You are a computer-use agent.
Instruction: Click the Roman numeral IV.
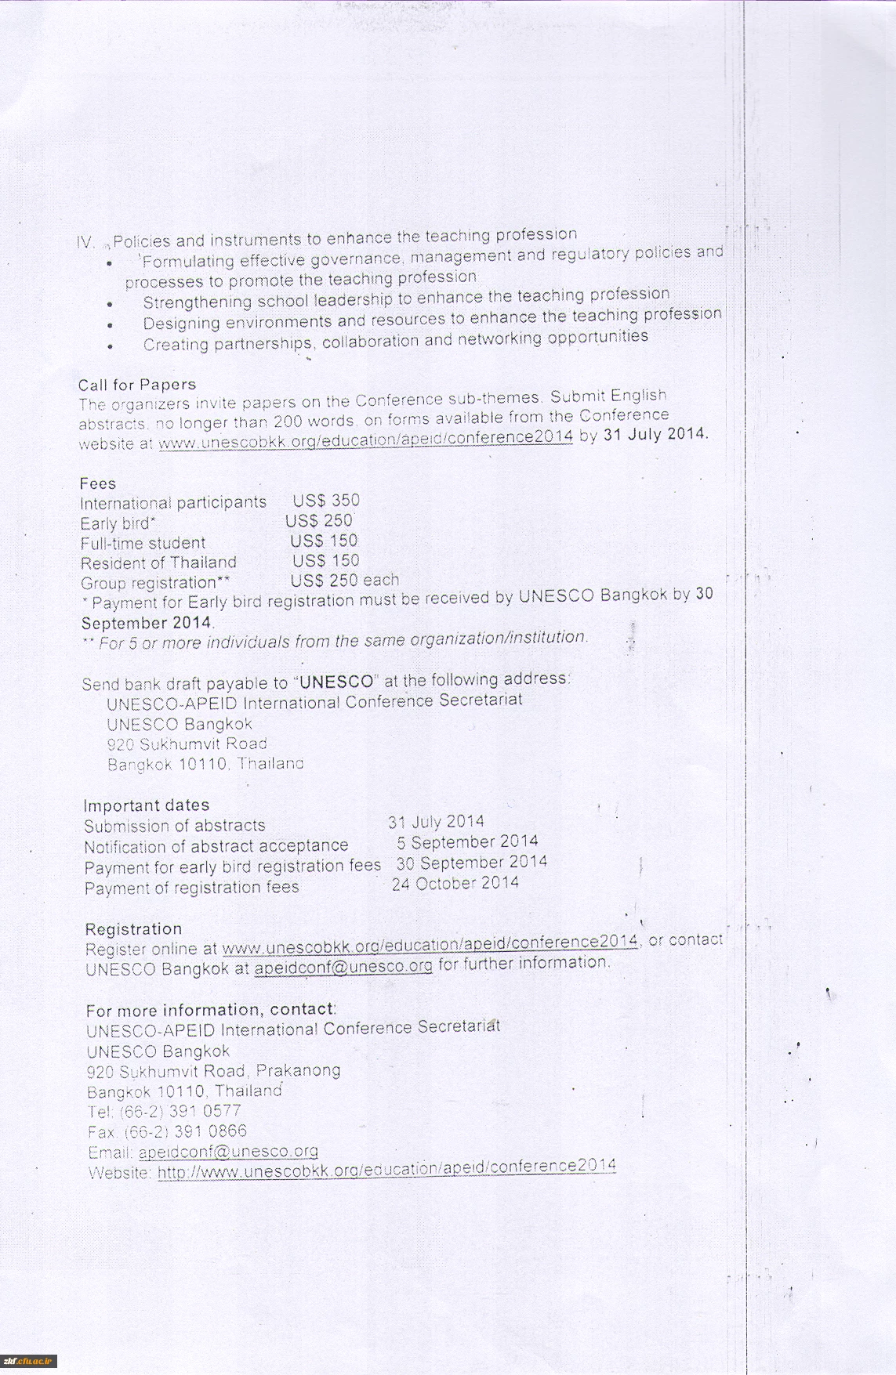point(85,243)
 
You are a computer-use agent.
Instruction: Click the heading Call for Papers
point(137,385)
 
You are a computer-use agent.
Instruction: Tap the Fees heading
point(98,483)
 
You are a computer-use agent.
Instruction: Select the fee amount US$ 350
point(326,501)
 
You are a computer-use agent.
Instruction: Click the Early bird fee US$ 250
point(319,521)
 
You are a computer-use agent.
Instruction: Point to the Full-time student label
point(143,543)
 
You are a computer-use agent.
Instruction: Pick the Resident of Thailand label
point(158,563)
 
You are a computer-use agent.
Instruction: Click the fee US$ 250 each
point(345,581)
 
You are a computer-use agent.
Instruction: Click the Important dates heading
point(147,805)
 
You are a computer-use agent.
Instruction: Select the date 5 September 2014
point(467,842)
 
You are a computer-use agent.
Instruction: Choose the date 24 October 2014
point(455,884)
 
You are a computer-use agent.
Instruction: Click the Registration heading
point(133,929)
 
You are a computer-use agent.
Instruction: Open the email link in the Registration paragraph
point(343,967)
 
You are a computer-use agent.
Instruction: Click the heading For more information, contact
point(211,1010)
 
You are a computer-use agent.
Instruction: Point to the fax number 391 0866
point(210,1131)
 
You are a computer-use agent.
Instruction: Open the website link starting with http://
point(386,1170)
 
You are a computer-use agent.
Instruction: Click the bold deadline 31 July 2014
point(655,433)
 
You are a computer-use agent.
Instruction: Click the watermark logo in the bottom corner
point(28,1361)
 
